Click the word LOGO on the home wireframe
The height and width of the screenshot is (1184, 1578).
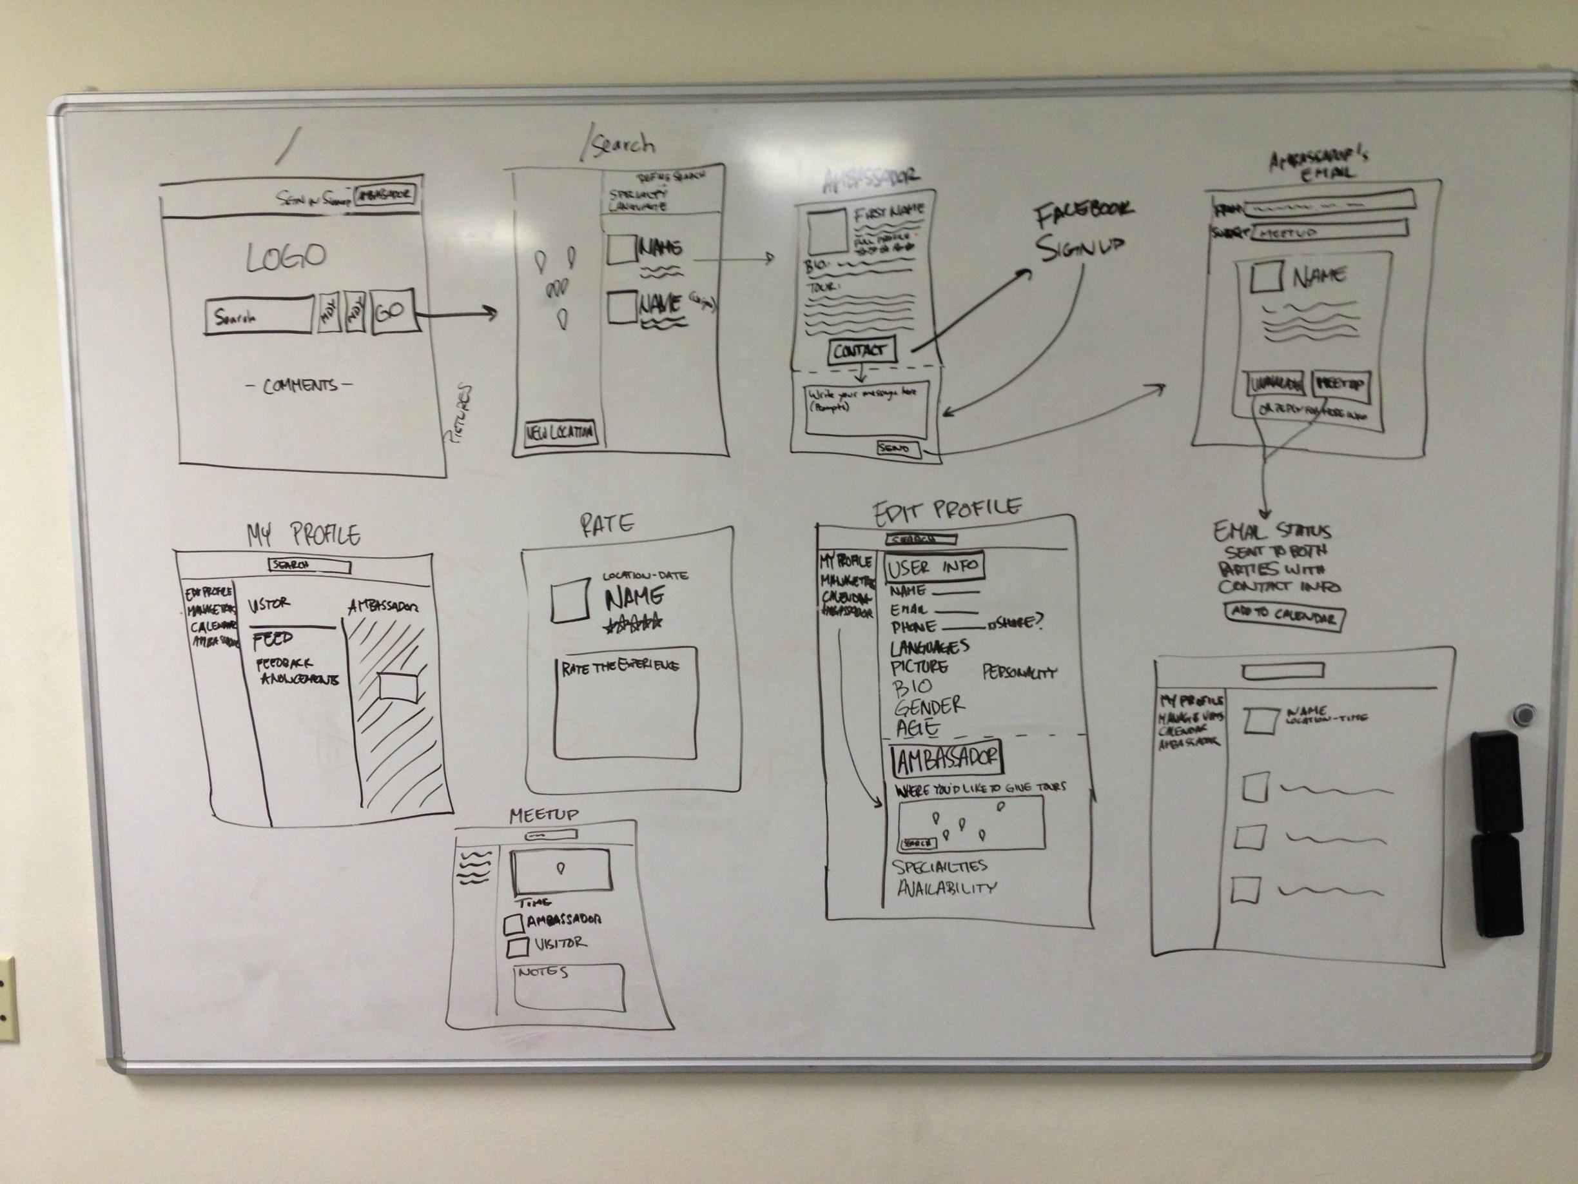pos(286,257)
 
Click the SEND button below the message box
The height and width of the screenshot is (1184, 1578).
pos(897,449)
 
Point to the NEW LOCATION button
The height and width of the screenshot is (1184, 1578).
pos(560,432)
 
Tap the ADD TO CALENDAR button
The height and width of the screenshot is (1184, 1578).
pos(1283,616)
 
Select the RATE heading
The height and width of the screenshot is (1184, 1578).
pos(607,524)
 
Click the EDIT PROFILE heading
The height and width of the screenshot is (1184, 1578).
pos(948,508)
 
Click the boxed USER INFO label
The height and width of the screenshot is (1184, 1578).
pos(934,568)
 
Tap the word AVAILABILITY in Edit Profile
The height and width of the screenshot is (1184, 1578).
pos(946,889)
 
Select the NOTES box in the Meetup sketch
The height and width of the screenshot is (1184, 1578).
pos(569,987)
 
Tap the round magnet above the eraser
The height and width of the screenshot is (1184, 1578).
pos(1522,715)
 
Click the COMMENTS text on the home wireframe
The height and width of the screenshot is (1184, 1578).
pos(300,386)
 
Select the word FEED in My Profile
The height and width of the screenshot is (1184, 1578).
pos(273,638)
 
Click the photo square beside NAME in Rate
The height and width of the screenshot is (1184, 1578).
pos(570,600)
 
